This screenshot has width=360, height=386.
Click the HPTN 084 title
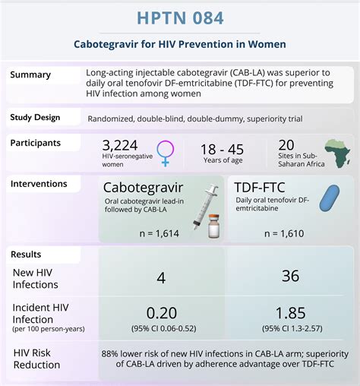point(180,17)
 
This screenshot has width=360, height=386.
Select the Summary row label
point(31,74)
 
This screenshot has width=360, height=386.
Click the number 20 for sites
point(286,146)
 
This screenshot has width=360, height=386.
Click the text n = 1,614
point(155,234)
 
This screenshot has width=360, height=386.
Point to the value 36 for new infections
point(290,276)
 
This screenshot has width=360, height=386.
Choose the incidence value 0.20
point(161,311)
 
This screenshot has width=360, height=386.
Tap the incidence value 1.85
point(290,311)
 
